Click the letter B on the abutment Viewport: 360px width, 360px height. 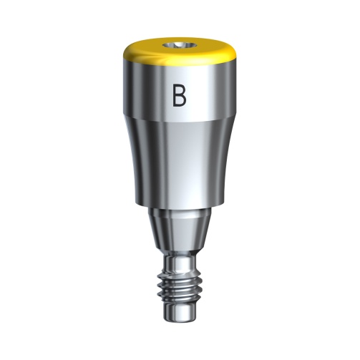(179, 94)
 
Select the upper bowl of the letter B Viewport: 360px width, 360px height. (181, 89)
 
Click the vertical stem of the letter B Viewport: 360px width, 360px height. (174, 94)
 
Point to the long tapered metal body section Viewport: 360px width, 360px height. (179, 161)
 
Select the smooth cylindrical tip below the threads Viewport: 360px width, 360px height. (180, 315)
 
